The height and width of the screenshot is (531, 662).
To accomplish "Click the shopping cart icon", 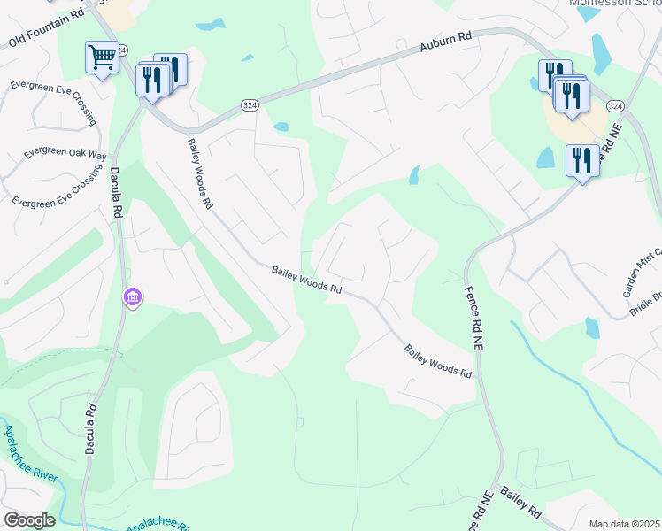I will (103, 58).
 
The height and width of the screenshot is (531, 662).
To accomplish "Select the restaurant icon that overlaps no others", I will (581, 161).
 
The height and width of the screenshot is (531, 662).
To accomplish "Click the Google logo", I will (28, 520).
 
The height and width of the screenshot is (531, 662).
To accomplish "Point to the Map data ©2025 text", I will (624, 524).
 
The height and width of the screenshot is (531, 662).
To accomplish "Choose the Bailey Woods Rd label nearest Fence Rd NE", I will (438, 361).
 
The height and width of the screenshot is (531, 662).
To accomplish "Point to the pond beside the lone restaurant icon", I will (545, 158).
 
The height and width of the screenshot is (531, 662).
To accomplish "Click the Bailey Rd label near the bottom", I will (520, 502).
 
